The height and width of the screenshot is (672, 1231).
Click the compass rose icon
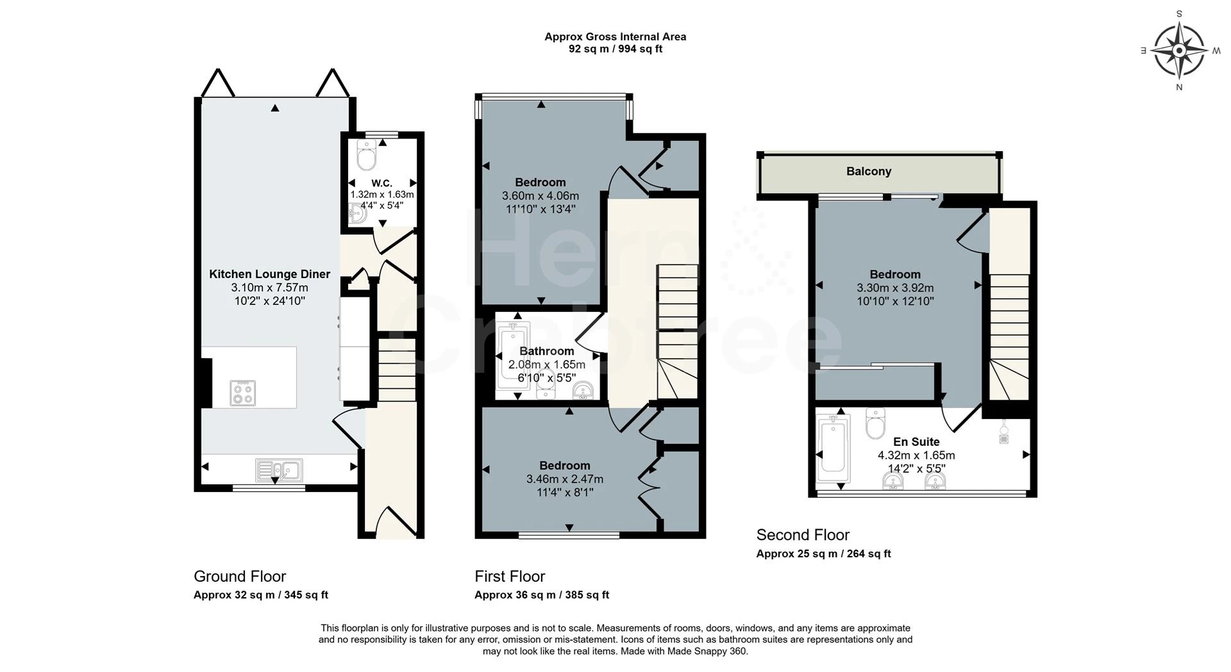coord(1178,50)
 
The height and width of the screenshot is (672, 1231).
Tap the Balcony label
coord(868,171)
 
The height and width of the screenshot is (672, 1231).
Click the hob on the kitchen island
coord(243,393)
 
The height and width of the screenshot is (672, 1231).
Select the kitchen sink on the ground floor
coord(279,469)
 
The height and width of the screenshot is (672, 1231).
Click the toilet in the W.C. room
coord(367,154)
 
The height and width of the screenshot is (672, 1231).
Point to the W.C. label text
coord(381,183)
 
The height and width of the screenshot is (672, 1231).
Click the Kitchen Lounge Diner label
coord(269,274)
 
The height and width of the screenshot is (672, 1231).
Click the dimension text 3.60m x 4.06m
coord(540,196)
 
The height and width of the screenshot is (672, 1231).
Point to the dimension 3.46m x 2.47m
coord(564,479)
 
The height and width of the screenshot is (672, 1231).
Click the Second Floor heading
coord(803,535)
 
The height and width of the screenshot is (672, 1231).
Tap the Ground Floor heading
coord(240,577)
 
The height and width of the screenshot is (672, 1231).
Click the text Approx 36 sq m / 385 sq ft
coord(542,595)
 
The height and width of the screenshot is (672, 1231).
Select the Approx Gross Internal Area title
coord(615,37)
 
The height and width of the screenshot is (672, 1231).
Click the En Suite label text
coord(916,442)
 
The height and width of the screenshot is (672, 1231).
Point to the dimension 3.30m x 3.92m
coord(895,288)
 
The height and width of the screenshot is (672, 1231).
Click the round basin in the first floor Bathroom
coord(583,390)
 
